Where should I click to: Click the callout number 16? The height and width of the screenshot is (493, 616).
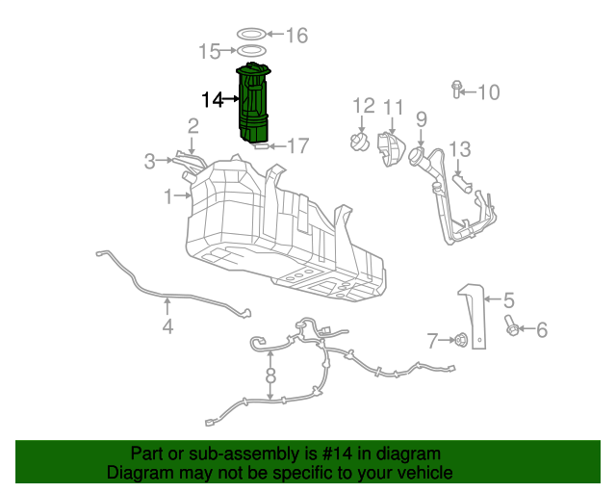click(295, 36)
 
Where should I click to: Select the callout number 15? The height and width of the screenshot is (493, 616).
click(210, 51)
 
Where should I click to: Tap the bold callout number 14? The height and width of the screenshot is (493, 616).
click(212, 98)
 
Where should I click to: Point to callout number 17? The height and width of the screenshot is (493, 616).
click(297, 146)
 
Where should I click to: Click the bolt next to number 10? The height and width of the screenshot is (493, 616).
click(455, 91)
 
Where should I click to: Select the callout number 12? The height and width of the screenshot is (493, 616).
click(363, 105)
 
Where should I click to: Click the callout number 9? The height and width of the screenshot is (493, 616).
click(421, 119)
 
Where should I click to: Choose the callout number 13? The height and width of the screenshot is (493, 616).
click(460, 149)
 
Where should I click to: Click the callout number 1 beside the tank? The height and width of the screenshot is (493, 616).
click(167, 196)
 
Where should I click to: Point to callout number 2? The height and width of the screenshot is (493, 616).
click(193, 125)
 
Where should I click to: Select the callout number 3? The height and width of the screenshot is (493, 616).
click(149, 161)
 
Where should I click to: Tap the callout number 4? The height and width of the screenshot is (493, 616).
click(167, 326)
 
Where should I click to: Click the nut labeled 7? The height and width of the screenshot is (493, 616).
click(462, 339)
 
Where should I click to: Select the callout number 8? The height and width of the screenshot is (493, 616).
click(271, 376)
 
